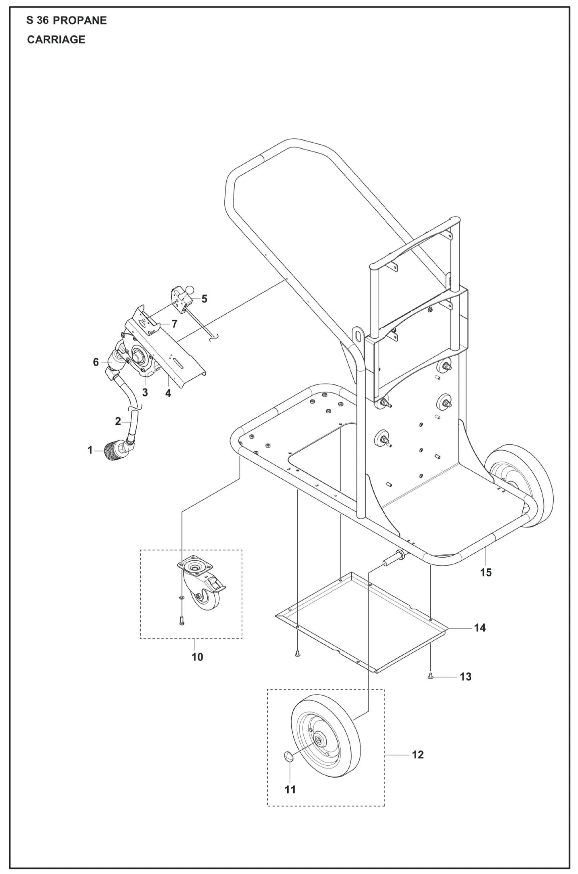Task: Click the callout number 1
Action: (x=90, y=450)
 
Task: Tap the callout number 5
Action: (x=204, y=299)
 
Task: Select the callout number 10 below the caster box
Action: (x=197, y=657)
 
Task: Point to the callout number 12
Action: (x=417, y=754)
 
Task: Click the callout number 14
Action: (x=480, y=628)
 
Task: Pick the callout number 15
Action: (x=486, y=572)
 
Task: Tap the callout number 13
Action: (x=466, y=677)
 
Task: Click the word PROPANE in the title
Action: (x=80, y=20)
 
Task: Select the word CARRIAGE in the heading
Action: (x=56, y=40)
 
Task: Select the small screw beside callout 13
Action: (x=430, y=676)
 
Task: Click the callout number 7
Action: (x=174, y=324)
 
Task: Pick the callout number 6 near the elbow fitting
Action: (x=96, y=362)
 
